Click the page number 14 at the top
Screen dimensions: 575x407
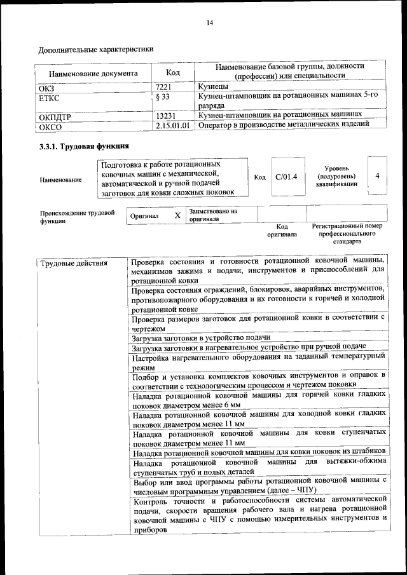(209, 24)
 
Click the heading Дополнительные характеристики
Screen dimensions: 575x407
(96, 50)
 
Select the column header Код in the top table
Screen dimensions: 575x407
(172, 73)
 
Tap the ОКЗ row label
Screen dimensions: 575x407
(48, 87)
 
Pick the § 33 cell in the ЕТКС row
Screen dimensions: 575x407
(163, 97)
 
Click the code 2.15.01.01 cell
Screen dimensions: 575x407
(173, 126)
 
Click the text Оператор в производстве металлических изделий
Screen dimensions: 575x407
(284, 125)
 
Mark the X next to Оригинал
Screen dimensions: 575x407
(177, 215)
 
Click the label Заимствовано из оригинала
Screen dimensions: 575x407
(212, 215)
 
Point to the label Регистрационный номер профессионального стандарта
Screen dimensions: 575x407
(347, 234)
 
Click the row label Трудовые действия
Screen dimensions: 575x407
(74, 263)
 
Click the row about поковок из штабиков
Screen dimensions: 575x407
(259, 452)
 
